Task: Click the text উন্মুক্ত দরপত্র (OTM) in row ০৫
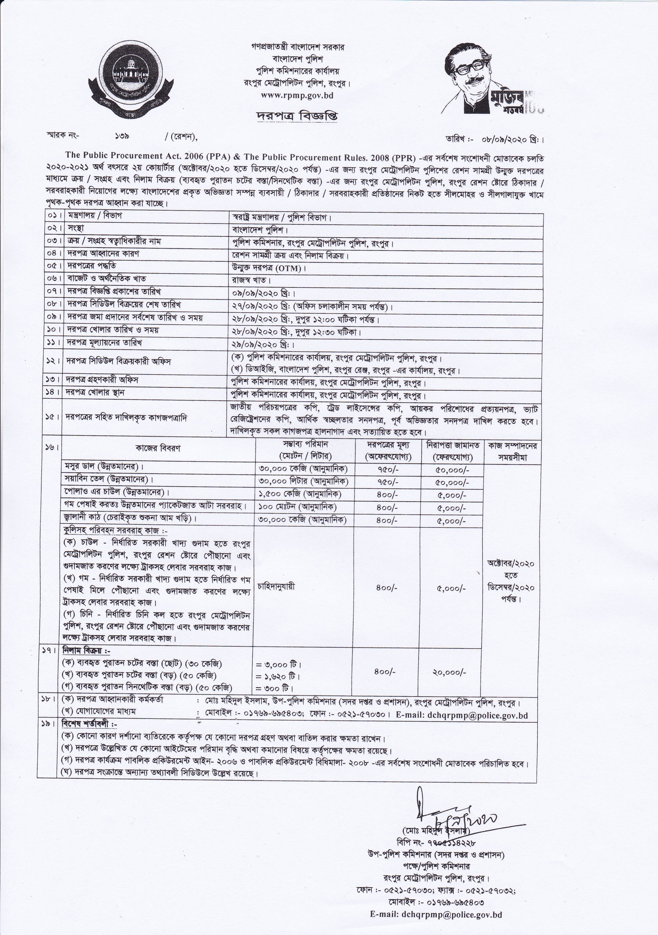[x=267, y=268]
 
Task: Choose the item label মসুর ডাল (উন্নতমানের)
[x=105, y=466]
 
